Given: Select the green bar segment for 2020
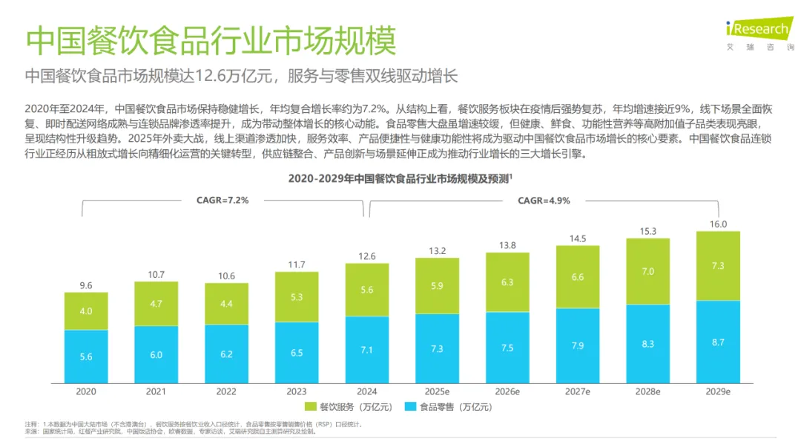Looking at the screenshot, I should click(86, 311).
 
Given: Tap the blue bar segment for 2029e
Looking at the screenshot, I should click(718, 342).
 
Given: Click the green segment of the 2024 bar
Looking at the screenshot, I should click(366, 290).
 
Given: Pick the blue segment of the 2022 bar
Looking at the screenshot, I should click(226, 354).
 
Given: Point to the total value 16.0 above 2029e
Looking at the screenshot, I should click(718, 224).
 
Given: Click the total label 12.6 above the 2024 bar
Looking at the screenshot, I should click(366, 256).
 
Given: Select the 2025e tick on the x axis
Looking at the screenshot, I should click(437, 391).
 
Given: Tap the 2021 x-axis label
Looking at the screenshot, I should click(156, 391).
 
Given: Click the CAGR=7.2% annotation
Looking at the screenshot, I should click(222, 201).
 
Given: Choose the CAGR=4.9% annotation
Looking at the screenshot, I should click(544, 201).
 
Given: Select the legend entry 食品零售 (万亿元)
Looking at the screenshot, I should click(444, 406).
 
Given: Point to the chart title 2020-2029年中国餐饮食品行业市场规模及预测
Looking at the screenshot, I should click(400, 179).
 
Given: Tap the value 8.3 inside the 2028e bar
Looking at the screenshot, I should click(648, 344).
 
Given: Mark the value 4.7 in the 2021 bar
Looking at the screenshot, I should click(156, 303).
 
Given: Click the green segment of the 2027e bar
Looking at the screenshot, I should click(578, 276).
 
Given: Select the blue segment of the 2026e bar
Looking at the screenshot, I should click(507, 348).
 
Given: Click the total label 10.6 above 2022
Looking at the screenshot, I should click(226, 276).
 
